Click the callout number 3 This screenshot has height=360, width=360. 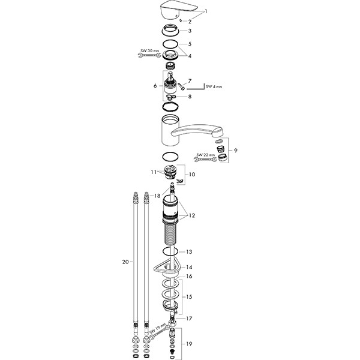tap(190, 31)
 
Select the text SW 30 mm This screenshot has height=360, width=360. tap(149, 50)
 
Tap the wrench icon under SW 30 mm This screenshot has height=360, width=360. tap(149, 55)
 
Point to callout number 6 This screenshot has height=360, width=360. tap(155, 86)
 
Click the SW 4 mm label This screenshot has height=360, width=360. tap(214, 86)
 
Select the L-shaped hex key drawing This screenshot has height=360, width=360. tap(196, 87)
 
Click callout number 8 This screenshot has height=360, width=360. tap(190, 97)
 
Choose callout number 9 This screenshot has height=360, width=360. tap(236, 151)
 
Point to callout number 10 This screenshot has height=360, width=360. tap(192, 175)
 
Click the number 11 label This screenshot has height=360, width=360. tap(154, 172)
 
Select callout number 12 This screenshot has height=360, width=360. tap(192, 215)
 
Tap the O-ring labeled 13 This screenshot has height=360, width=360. tap(170, 251)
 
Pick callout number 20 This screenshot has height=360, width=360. tap(125, 262)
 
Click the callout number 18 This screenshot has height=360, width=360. tap(157, 196)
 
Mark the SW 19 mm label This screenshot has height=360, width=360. tap(157, 328)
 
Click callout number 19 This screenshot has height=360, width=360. tap(189, 344)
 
